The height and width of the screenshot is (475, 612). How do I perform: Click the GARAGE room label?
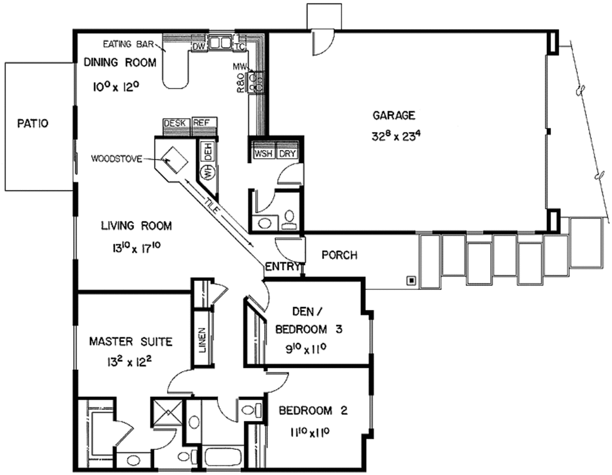tap(394, 115)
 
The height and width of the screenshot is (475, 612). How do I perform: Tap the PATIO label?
tap(32, 124)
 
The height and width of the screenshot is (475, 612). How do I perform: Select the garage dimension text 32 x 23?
tap(396, 135)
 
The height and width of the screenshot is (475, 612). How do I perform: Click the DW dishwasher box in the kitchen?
tap(198, 45)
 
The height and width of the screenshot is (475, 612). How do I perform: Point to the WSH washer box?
tap(263, 154)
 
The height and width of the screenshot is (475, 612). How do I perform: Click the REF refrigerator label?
tap(201, 123)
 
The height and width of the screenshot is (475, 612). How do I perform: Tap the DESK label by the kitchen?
tap(176, 123)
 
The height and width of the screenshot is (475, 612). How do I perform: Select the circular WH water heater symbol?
tap(209, 173)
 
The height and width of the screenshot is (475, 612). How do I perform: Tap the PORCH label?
tap(339, 255)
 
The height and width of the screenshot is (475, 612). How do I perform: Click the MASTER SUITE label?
tap(130, 342)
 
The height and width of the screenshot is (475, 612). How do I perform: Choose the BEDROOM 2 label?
tap(313, 411)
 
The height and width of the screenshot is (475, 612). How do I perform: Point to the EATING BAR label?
tap(128, 44)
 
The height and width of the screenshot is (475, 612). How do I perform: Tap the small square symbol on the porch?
tap(411, 279)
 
